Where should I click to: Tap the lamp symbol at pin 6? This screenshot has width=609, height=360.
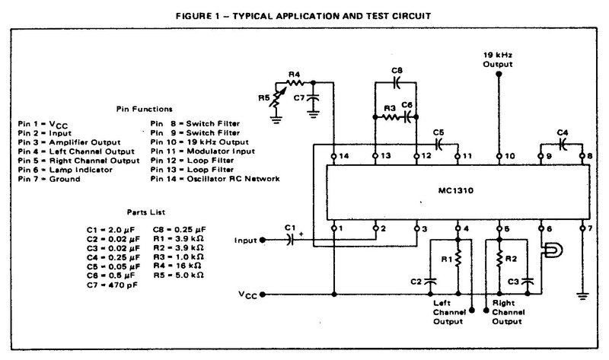coord(553,250)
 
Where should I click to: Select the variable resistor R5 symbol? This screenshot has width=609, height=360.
coord(277,98)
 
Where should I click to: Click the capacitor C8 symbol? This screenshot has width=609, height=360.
coord(396,82)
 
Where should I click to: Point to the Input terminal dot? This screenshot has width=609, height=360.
coord(263,240)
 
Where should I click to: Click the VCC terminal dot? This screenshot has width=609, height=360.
coord(263,295)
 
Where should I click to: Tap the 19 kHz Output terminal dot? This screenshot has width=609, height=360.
coord(499,74)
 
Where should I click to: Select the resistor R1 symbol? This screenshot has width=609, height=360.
coord(458,258)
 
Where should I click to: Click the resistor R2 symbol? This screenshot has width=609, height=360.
coord(499,258)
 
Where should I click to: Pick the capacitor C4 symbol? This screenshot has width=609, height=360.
coord(562,145)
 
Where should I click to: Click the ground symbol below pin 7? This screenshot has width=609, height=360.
coord(582,296)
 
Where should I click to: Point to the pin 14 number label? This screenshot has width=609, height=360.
coord(344,156)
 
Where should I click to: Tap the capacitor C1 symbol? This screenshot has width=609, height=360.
coord(289,240)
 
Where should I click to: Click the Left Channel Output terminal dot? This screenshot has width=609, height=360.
coord(472,311)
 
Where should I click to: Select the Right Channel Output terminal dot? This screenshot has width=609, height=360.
coord(486,311)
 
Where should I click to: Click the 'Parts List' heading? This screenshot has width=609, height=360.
coord(146,212)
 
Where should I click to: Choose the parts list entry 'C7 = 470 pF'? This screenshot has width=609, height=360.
coord(112,285)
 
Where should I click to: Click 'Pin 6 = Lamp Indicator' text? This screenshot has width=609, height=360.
coord(65,170)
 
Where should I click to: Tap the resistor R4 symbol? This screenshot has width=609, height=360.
coord(295,82)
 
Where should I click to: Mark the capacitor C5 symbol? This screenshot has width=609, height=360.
coord(438,145)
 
